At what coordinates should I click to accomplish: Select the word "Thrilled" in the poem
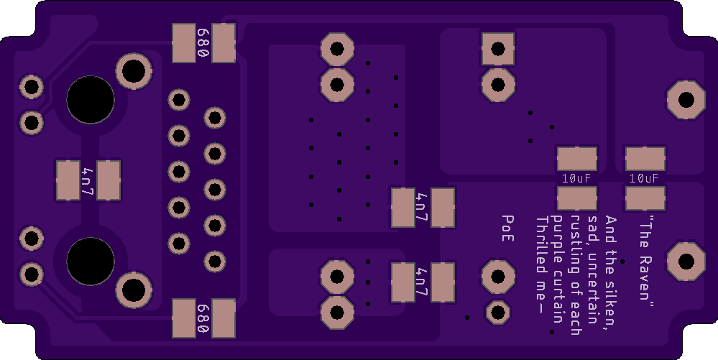[x=542, y=245]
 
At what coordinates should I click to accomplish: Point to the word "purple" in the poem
[x=558, y=234]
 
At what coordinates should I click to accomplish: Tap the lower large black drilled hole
[x=91, y=260]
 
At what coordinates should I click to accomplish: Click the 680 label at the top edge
[x=203, y=43]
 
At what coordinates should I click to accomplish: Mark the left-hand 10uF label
[x=576, y=178]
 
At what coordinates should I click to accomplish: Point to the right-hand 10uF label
[x=644, y=178]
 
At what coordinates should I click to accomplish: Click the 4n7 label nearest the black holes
[x=88, y=180]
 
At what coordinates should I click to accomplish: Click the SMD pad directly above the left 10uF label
[x=576, y=159]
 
